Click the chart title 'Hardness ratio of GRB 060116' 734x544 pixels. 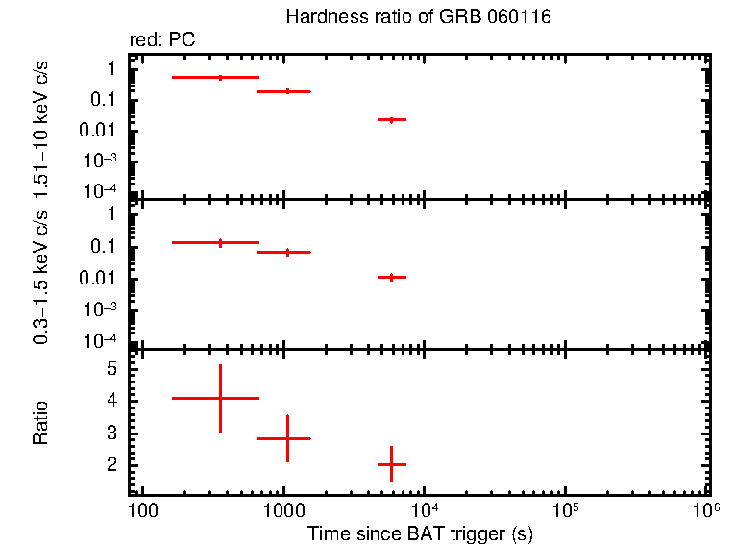tap(418, 18)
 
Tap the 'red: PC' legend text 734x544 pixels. tap(169, 40)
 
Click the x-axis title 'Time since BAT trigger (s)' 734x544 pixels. tap(420, 532)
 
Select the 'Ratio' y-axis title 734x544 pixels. tap(41, 423)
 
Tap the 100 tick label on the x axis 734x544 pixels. tap(142, 508)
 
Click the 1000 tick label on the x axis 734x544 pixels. tap(283, 508)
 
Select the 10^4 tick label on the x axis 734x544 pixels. tap(423, 507)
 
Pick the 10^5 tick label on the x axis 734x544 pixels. tap(564, 507)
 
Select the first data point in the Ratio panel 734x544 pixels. tap(220, 398)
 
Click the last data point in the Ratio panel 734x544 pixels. tap(391, 464)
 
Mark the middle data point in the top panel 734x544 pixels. tap(287, 91)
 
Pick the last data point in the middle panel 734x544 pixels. tap(391, 277)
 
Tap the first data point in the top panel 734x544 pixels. tap(220, 77)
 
